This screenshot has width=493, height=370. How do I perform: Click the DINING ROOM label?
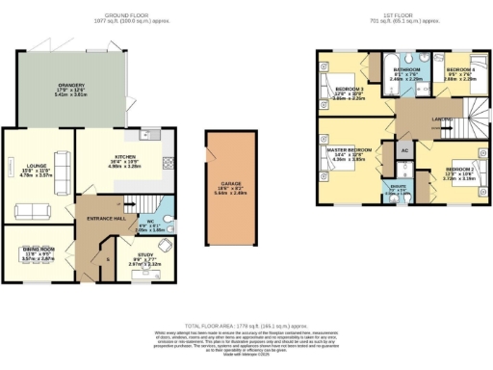tap(39, 249)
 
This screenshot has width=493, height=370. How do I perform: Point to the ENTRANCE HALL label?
tap(105, 220)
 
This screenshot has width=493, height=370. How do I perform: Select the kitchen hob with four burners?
tap(166, 164)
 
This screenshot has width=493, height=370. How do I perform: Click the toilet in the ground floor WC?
tap(166, 225)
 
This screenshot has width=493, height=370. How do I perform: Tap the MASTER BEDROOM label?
tap(350, 151)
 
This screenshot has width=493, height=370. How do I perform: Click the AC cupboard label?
tap(404, 151)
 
